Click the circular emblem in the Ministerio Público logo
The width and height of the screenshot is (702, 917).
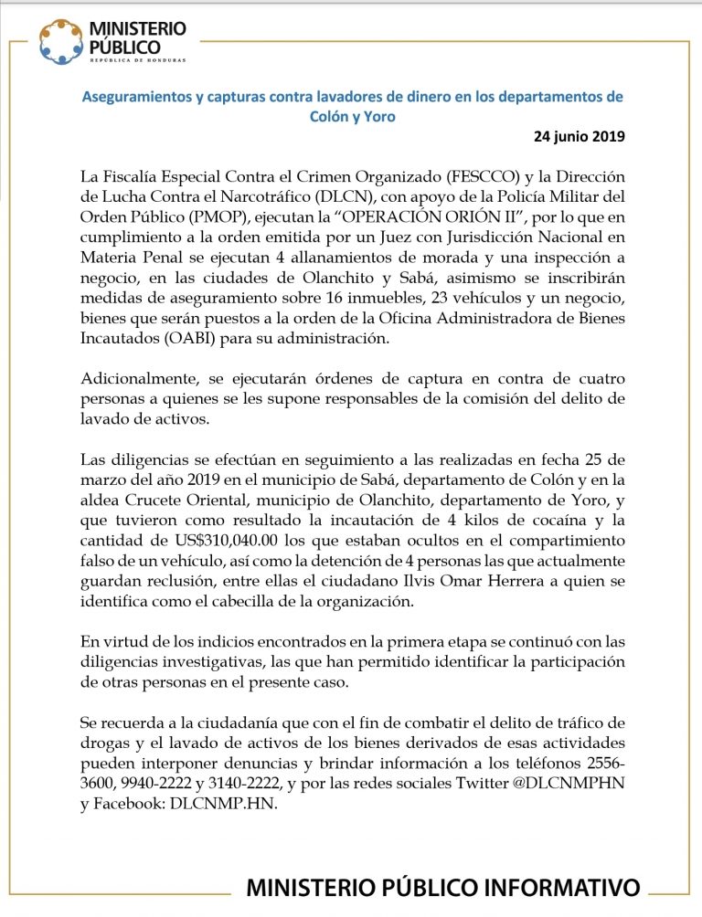point(60,42)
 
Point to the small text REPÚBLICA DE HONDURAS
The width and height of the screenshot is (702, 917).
point(136,61)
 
